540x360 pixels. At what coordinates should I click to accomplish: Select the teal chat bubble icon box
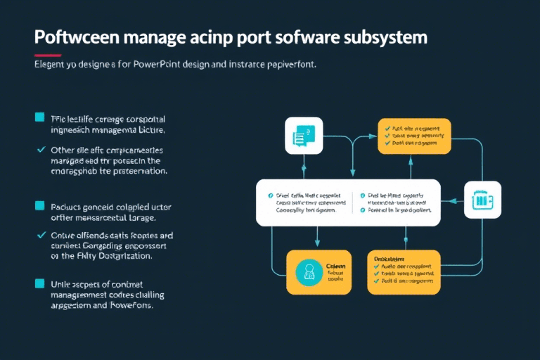click(x=304, y=136)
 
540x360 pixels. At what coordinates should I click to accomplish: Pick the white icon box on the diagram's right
click(x=483, y=200)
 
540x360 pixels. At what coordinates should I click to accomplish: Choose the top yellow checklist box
click(x=413, y=136)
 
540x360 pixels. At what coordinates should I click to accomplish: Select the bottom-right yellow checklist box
click(x=404, y=271)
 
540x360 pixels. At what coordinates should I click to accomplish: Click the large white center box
click(x=347, y=202)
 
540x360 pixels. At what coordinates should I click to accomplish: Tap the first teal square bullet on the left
click(x=39, y=117)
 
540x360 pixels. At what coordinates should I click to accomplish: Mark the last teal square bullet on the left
click(x=39, y=283)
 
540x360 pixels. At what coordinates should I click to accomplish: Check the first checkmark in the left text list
click(x=39, y=150)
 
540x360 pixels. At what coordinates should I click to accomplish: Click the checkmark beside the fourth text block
click(x=39, y=234)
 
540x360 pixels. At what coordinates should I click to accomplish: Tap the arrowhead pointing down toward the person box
click(x=317, y=243)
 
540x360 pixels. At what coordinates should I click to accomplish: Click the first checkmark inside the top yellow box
click(x=385, y=129)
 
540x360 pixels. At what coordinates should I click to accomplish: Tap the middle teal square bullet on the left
click(x=39, y=206)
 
